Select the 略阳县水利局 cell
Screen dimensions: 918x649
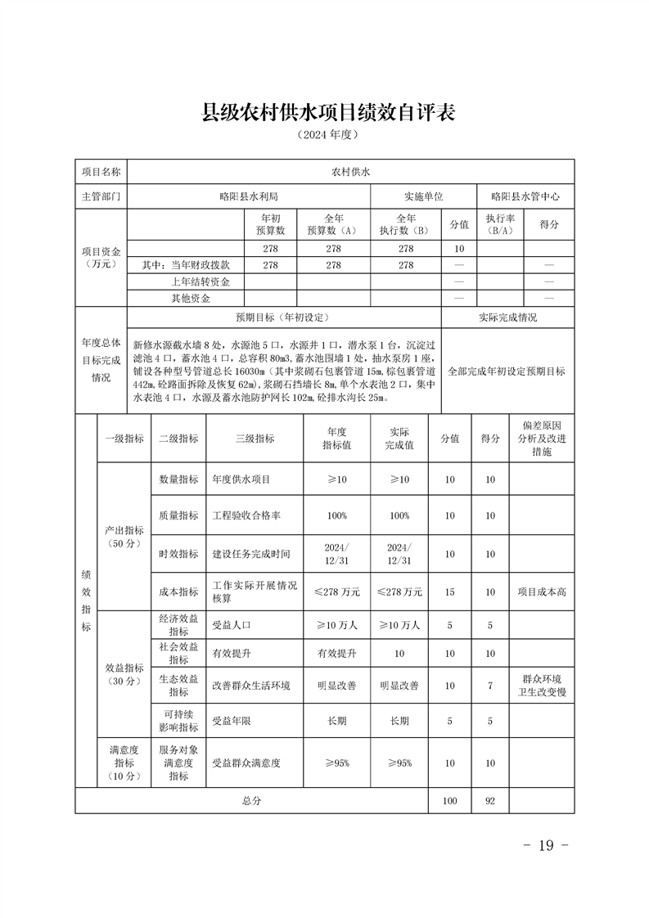249,197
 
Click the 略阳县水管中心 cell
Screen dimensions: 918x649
525,197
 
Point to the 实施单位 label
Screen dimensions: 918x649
423,197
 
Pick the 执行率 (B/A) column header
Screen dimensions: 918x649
500,225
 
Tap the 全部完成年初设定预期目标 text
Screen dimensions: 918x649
507,371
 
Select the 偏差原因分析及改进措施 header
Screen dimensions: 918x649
541,439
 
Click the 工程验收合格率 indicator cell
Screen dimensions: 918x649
247,516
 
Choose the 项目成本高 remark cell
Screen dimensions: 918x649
541,592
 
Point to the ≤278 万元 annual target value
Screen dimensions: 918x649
336,592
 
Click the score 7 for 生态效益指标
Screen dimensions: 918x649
490,686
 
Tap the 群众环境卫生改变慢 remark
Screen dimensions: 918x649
541,686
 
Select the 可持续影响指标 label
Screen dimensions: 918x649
178,721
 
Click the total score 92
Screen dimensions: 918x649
490,801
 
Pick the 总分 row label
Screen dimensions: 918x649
251,801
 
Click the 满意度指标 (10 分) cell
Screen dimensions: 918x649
124,763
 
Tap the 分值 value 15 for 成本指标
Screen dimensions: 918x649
450,592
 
